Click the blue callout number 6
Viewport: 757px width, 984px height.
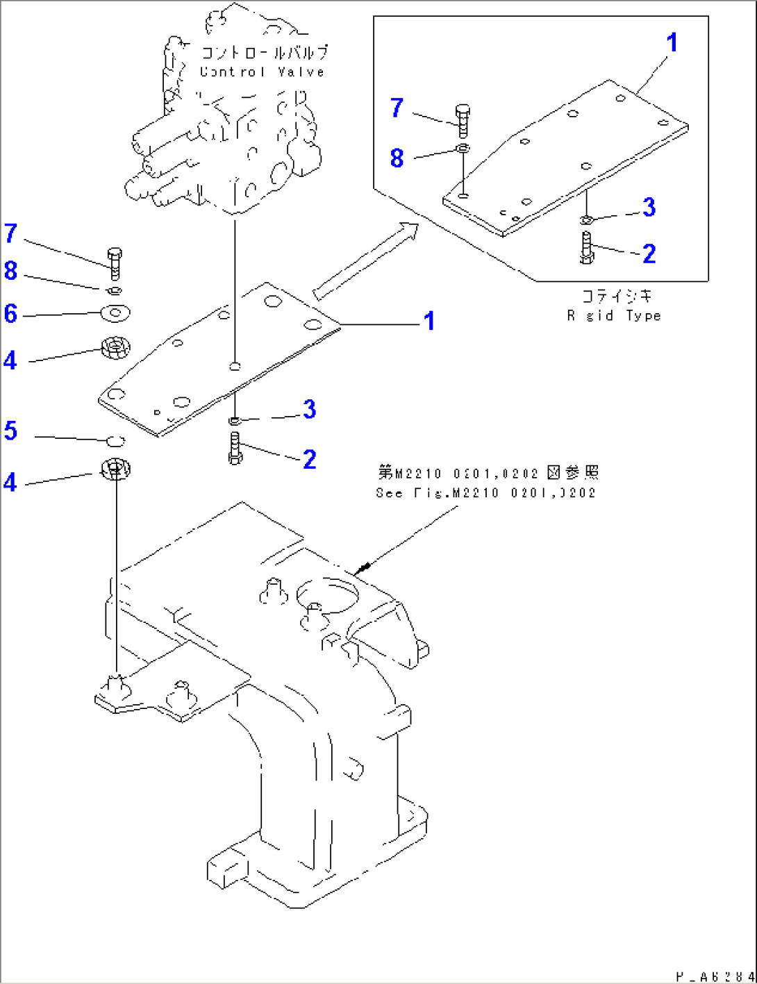pos(10,314)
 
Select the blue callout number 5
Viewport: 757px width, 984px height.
pos(10,431)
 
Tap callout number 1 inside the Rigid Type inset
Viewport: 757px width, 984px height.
pos(672,43)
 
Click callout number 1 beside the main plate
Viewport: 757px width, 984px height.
pos(430,321)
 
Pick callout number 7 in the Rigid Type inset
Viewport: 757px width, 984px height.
pos(397,108)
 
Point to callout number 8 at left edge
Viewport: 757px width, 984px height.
pos(10,271)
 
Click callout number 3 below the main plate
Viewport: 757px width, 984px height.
pos(309,410)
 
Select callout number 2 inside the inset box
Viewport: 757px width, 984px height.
pos(649,253)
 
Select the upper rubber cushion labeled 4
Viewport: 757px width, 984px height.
pos(115,347)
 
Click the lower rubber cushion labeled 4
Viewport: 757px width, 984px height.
pos(115,469)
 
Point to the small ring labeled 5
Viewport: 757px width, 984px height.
pos(116,440)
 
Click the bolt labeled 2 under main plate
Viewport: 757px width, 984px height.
pos(235,448)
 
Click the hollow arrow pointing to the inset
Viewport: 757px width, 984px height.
pos(366,260)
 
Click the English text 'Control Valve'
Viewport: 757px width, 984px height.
pos(263,72)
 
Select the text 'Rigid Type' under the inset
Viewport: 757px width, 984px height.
pos(613,316)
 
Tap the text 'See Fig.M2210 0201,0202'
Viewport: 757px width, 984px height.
pos(485,493)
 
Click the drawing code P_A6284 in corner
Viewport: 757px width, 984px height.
pos(713,976)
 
